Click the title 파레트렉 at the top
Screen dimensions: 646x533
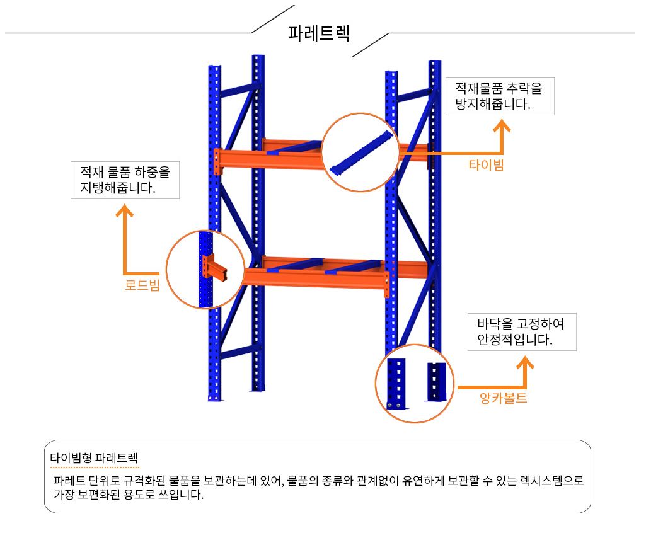pos(319,33)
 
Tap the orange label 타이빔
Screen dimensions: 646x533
pos(486,165)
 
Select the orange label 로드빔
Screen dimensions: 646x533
pos(142,285)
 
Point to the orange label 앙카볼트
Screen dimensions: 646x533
pos(503,398)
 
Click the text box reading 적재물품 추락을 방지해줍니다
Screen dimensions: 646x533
pos(500,96)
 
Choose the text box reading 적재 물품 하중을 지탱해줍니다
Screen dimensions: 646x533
pos(125,180)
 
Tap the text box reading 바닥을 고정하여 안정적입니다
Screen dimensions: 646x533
pos(522,332)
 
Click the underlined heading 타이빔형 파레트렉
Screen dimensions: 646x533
pos(94,457)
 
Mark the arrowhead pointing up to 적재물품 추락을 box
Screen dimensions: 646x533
pos(502,125)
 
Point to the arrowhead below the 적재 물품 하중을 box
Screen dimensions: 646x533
pos(124,211)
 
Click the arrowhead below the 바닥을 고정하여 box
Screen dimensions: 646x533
pos(525,362)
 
